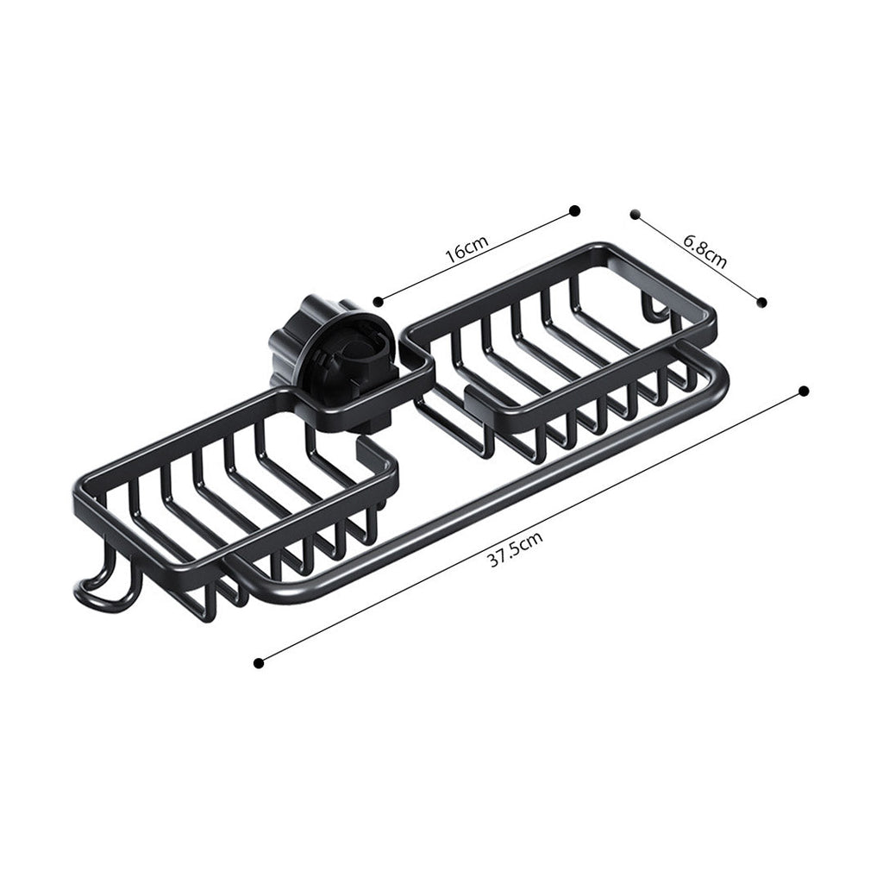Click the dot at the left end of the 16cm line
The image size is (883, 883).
click(x=379, y=301)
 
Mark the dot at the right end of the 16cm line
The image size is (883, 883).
click(x=575, y=210)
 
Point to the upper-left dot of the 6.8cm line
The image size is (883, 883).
click(x=635, y=213)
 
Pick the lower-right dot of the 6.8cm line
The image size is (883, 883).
click(x=761, y=301)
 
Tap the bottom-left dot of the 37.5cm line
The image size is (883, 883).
click(x=259, y=662)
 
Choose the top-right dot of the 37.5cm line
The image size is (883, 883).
click(x=804, y=391)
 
